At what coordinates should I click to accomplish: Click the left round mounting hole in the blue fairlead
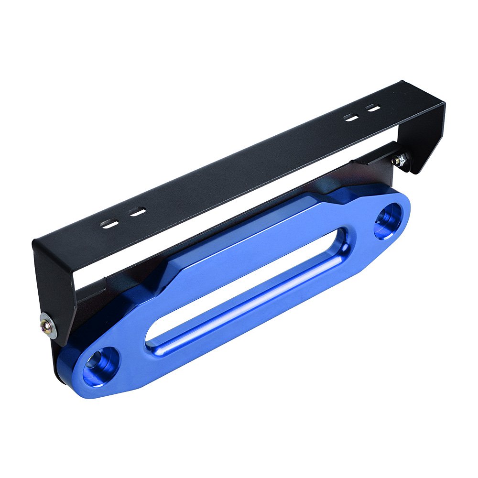[100, 365]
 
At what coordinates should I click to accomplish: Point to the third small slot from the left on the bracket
[351, 117]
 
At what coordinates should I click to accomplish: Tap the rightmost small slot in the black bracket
[373, 108]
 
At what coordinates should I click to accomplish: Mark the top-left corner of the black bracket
[34, 241]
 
